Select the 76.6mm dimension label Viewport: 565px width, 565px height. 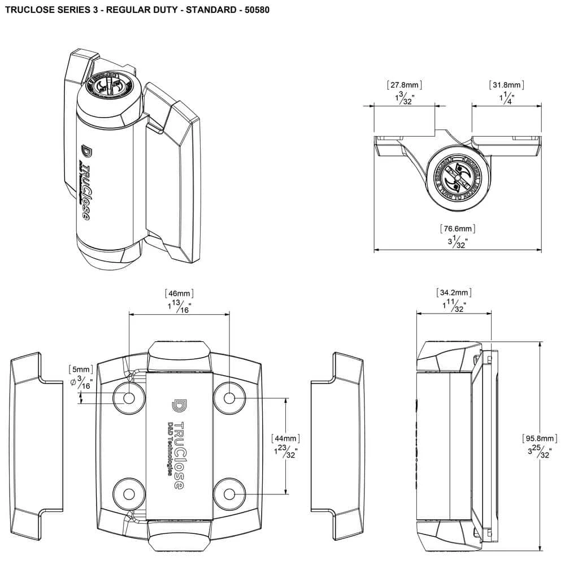[458, 229]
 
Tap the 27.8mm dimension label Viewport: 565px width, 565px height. [405, 85]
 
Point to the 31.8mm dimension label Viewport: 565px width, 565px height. [507, 85]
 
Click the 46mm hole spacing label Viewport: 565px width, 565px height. [180, 293]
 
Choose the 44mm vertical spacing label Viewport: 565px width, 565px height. [285, 438]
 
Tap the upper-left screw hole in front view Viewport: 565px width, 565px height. [129, 398]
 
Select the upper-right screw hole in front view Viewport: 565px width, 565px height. [229, 398]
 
